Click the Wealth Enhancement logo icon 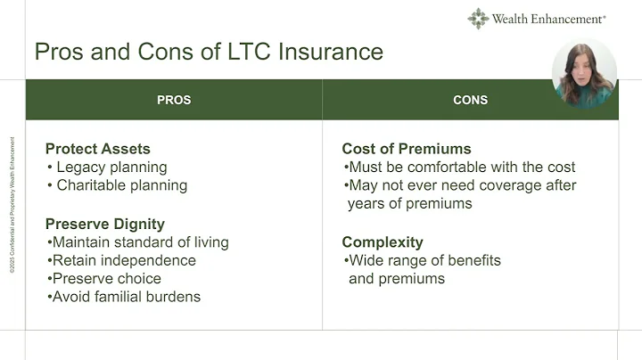pos(478,19)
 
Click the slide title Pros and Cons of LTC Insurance pos(209,51)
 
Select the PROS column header pos(174,100)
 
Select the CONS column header pos(470,100)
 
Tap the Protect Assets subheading pos(98,149)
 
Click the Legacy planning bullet pos(111,167)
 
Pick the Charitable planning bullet pos(121,185)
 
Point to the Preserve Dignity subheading pos(104,224)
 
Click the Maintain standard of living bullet pos(140,242)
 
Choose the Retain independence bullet pos(123,260)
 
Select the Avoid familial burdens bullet pos(126,297)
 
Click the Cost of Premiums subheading pos(407,149)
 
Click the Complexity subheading pos(383,242)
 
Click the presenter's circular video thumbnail pos(584,74)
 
